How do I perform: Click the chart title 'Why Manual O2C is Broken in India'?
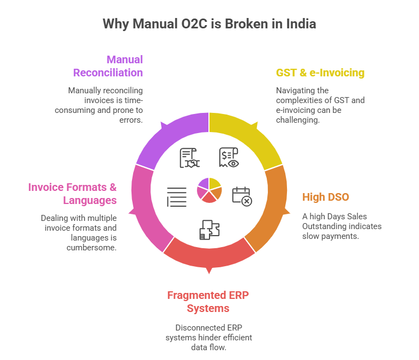click(209, 24)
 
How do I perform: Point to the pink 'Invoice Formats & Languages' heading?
click(73, 194)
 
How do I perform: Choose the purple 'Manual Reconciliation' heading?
click(108, 65)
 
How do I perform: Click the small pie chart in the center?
click(209, 190)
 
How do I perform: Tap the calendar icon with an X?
click(242, 196)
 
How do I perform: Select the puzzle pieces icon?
click(209, 230)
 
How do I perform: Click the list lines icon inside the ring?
click(177, 197)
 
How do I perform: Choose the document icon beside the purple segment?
click(190, 158)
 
